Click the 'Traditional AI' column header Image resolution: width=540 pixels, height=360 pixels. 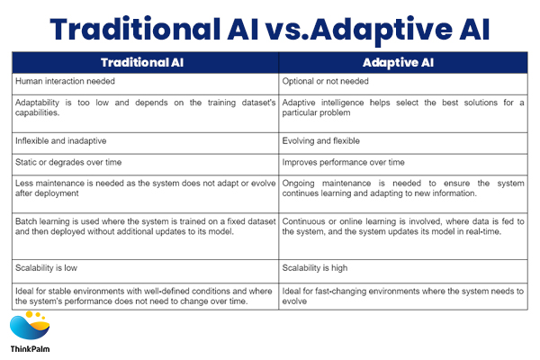click(x=145, y=63)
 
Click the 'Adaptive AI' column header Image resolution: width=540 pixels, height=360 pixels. click(x=401, y=63)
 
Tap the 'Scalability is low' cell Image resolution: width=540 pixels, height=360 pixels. click(x=47, y=267)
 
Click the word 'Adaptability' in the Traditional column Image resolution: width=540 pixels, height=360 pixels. click(x=39, y=103)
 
